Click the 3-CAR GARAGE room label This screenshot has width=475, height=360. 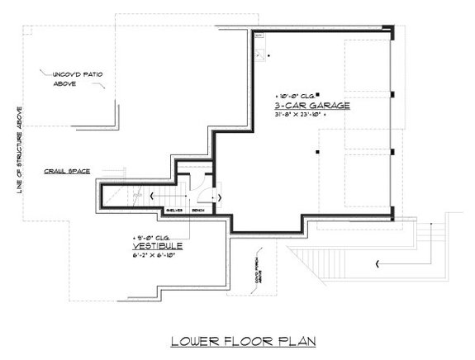(313, 106)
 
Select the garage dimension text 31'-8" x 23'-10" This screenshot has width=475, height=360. (301, 116)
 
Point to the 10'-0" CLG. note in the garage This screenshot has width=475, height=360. (293, 96)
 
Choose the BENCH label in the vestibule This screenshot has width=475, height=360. (198, 211)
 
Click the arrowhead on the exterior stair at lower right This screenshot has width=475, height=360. (377, 263)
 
